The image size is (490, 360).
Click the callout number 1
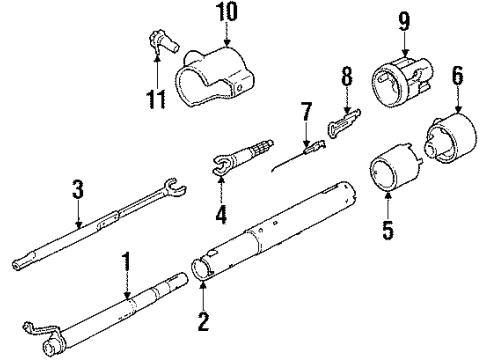click(x=127, y=266)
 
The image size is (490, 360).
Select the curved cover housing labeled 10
click(x=220, y=76)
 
